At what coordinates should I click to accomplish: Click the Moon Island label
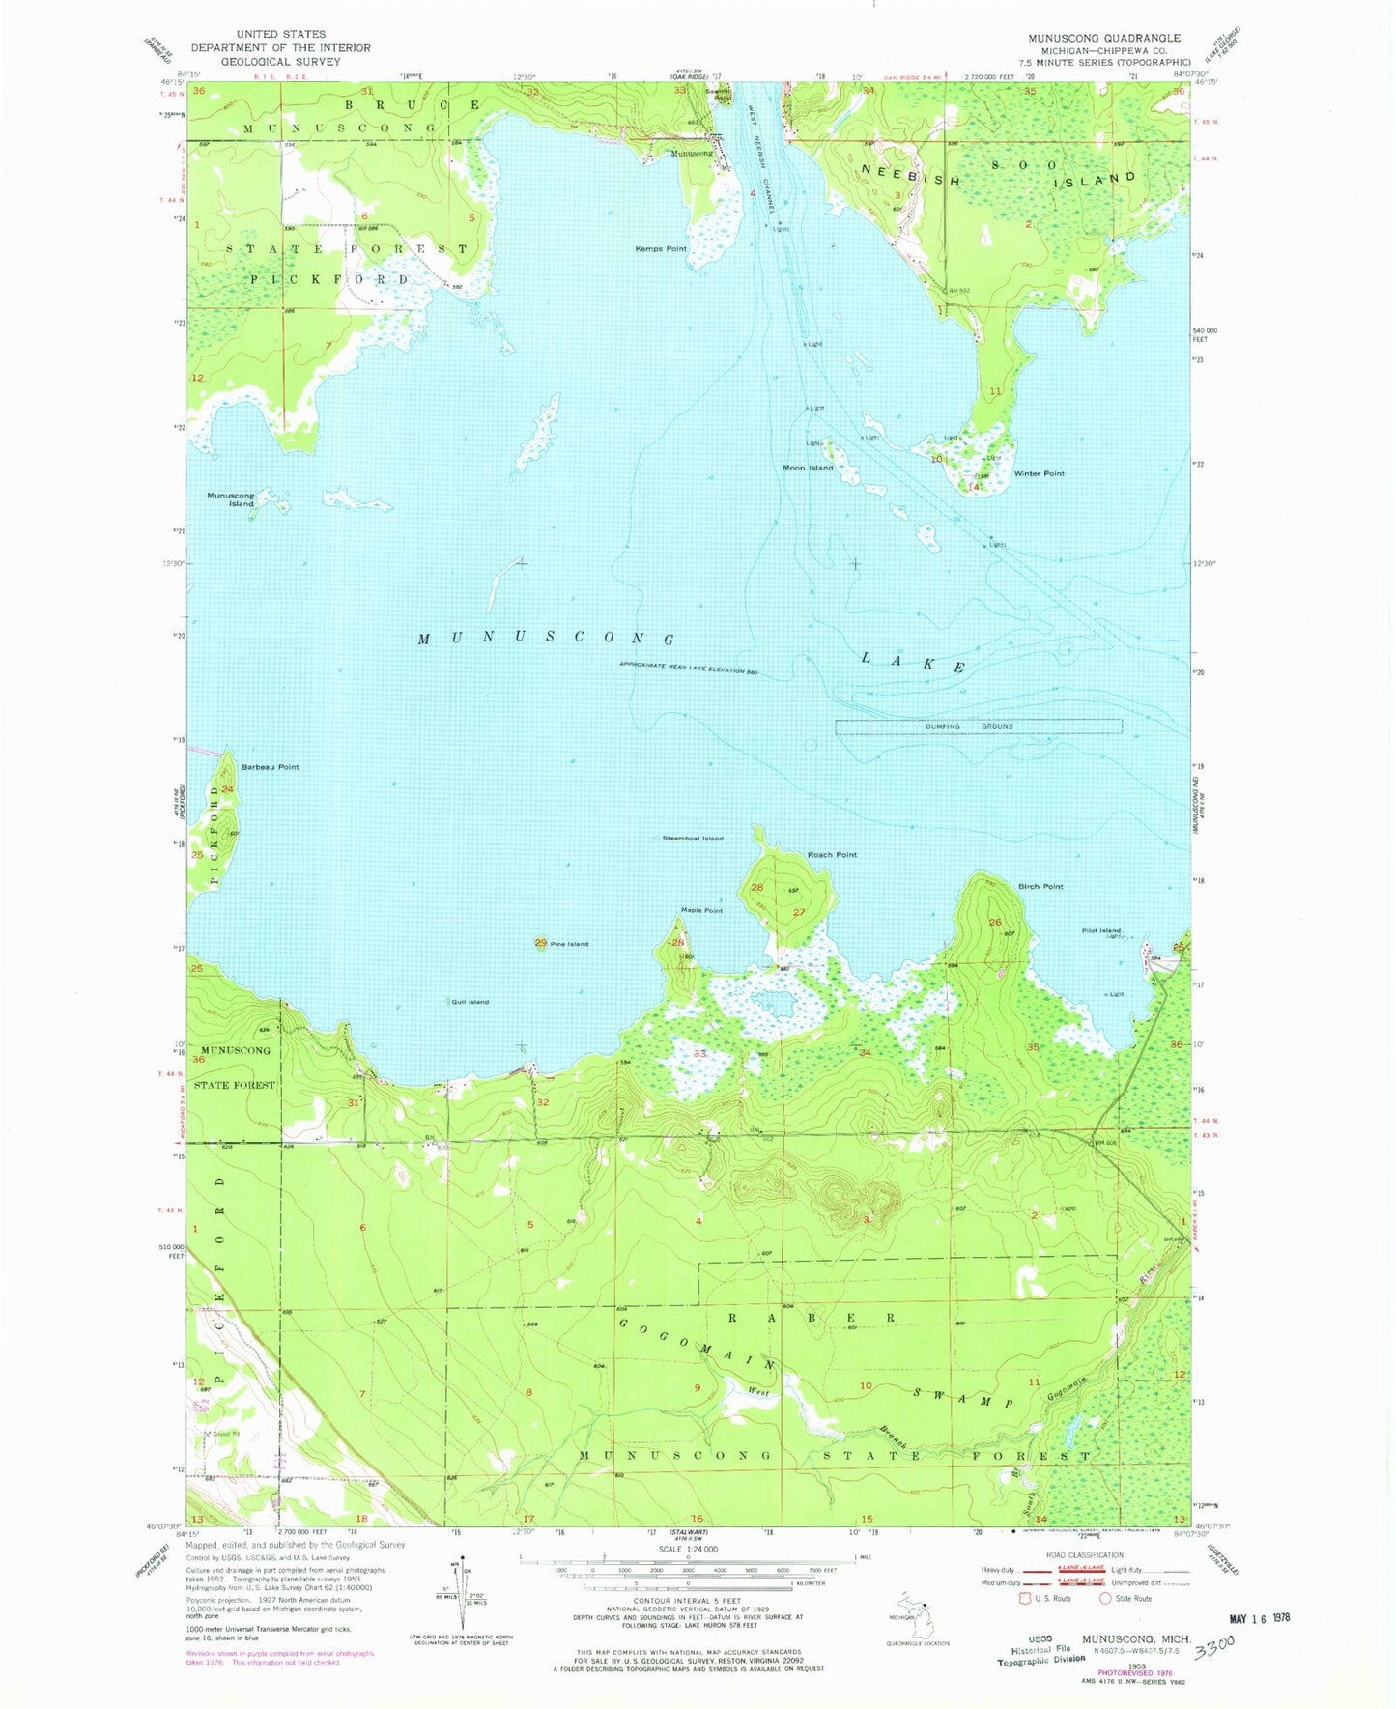coord(808,468)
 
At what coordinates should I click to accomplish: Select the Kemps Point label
coord(661,249)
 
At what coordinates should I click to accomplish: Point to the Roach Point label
coord(832,855)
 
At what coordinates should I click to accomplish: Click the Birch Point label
coord(1040,886)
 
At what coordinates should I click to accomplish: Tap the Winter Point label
coord(1040,474)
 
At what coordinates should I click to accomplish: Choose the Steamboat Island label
coord(693,839)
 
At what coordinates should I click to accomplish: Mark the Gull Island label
coord(470,1002)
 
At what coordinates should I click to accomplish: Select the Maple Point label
coord(701,910)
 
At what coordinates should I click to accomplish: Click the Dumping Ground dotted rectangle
coord(978,726)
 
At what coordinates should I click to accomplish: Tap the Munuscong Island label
coord(231,499)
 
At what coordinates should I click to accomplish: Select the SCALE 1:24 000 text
coord(688,1550)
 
